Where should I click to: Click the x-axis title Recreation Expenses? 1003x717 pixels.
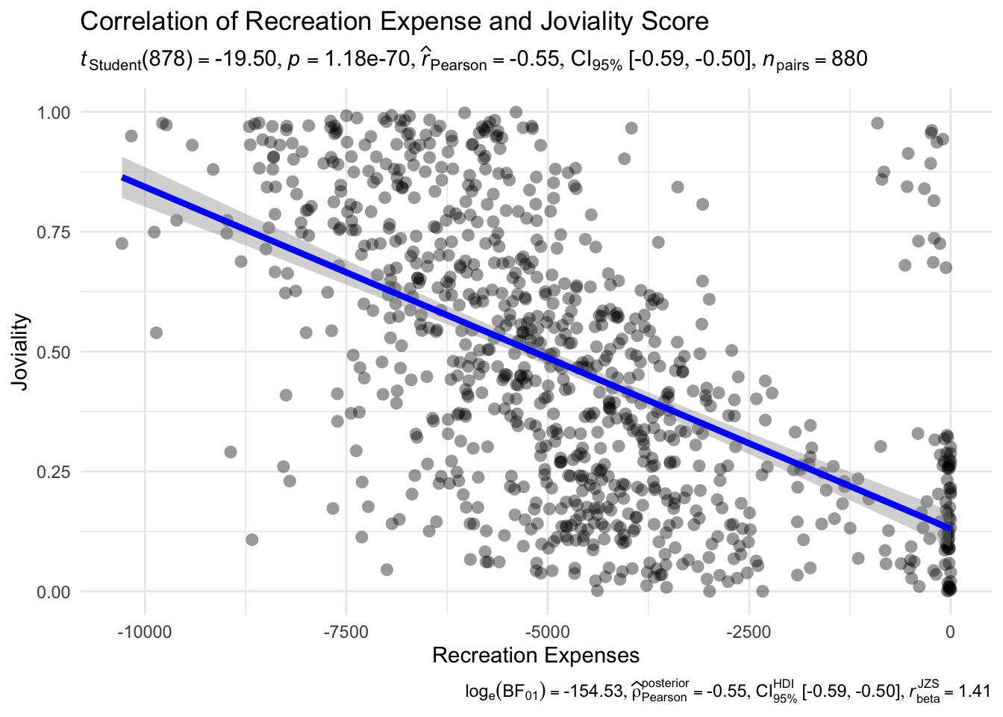point(536,655)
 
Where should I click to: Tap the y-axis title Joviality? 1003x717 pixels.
point(21,351)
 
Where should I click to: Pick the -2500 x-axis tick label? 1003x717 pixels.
point(749,631)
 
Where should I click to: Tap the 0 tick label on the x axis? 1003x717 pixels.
point(950,631)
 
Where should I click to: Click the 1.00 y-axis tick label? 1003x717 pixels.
point(54,112)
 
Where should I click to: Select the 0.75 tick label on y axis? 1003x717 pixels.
point(54,232)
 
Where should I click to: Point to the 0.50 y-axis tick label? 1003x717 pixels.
point(54,352)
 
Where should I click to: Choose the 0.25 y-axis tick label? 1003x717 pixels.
point(54,472)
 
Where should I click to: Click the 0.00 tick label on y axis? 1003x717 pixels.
point(54,592)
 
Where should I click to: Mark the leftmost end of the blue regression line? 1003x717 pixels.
point(123,177)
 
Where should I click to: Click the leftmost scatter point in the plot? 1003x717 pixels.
point(122,243)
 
